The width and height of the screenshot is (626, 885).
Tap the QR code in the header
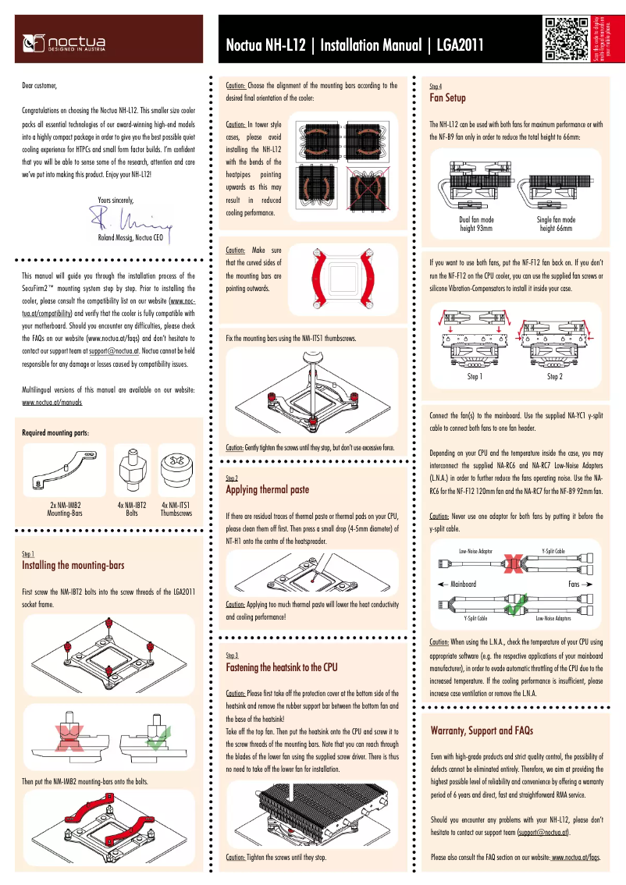pos(566,40)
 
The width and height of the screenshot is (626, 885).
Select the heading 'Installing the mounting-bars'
pos(73,565)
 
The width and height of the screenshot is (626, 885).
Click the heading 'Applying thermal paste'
pos(267,490)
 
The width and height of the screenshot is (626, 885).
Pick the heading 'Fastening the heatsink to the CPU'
pos(281,668)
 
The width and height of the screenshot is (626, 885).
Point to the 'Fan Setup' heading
pos(448,98)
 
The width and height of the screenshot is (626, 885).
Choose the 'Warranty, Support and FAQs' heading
pos(482,731)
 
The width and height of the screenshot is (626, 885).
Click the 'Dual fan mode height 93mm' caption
pos(476,225)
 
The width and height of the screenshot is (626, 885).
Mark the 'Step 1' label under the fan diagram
pos(475,377)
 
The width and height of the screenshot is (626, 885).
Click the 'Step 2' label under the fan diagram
pos(554,377)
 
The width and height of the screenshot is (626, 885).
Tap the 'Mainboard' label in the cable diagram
pos(457,584)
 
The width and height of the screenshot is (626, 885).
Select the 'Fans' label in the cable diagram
pos(575,584)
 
